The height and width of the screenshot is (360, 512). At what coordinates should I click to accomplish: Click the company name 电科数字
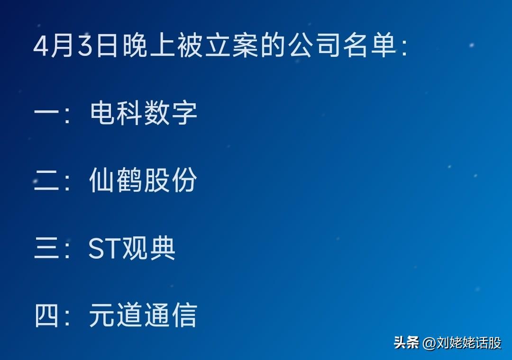click(x=143, y=113)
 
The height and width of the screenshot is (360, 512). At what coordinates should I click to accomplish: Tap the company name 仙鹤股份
click(x=143, y=180)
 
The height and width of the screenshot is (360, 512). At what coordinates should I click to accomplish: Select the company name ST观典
click(x=132, y=248)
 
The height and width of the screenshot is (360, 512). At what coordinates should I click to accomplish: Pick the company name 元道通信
click(x=143, y=315)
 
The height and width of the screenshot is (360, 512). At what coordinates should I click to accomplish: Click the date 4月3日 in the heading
click(x=75, y=45)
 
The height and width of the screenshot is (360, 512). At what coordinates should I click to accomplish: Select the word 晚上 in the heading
click(x=149, y=45)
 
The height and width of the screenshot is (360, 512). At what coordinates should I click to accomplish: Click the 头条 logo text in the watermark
click(x=407, y=342)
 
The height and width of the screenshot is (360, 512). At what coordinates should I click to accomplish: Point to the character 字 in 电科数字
click(x=184, y=113)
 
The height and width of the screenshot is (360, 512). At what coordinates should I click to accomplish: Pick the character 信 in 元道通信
click(x=184, y=315)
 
